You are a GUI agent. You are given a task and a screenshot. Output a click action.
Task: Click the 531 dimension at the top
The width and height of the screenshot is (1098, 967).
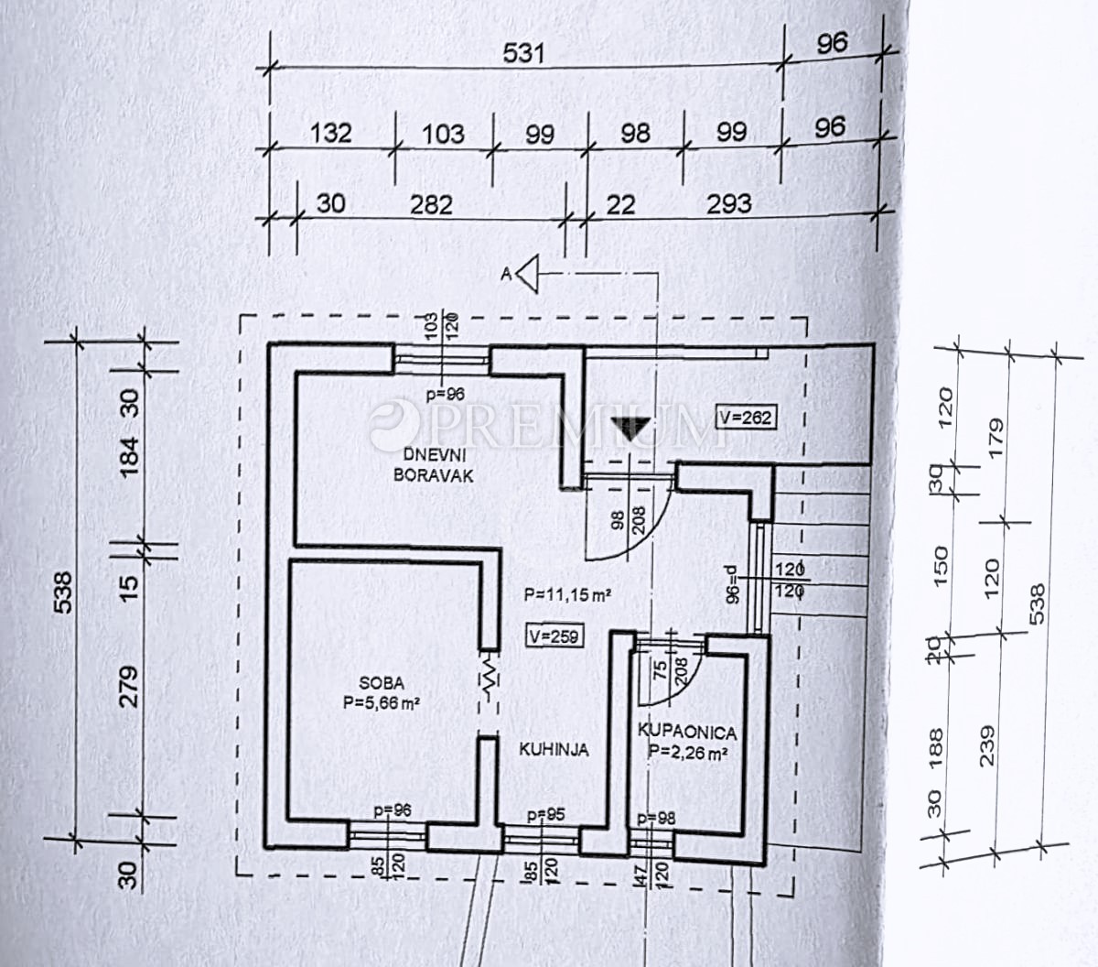point(523,53)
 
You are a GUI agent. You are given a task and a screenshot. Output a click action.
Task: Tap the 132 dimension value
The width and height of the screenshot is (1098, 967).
point(330,133)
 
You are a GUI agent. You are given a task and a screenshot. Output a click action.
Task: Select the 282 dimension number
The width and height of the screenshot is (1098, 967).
point(431,205)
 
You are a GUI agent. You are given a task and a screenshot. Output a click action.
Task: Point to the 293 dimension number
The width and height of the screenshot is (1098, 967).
point(729,204)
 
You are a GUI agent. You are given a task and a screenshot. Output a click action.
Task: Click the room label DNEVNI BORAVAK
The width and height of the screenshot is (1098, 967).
point(434,465)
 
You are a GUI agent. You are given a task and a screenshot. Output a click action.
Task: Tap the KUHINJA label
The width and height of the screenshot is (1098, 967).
point(554,750)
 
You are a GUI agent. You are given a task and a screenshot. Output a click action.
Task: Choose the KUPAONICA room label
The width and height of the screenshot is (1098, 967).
point(687,733)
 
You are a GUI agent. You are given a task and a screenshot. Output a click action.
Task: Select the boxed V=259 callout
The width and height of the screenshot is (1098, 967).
point(554,636)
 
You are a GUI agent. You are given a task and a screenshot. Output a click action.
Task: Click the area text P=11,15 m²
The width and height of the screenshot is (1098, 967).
point(567,595)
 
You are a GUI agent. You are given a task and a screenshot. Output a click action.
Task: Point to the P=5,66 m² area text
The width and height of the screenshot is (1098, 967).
point(382,703)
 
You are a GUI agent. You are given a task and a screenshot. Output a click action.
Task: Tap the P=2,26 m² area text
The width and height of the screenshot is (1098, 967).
point(688,754)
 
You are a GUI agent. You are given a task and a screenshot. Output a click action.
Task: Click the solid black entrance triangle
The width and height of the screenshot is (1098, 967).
point(630,427)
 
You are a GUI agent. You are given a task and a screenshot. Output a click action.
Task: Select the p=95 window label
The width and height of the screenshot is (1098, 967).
point(545,815)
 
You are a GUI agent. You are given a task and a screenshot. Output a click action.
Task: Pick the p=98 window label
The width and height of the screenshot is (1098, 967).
point(656,819)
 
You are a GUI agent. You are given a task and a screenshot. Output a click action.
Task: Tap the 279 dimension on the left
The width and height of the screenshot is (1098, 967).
point(128,687)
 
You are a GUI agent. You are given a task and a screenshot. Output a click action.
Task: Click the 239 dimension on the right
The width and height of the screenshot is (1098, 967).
point(987,745)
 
